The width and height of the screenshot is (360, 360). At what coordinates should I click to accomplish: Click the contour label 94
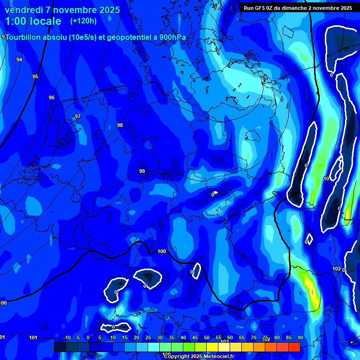coord(19,60)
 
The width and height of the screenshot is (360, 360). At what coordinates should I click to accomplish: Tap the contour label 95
coord(35,76)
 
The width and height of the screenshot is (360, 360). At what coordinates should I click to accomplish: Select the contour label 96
coord(52,97)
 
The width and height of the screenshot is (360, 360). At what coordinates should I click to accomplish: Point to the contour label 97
coord(78,116)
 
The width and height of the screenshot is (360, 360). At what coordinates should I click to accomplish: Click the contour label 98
coord(120,125)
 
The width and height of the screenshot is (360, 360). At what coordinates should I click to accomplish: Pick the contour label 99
coord(142,171)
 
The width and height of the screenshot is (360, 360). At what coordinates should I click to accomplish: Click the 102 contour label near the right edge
coord(337,269)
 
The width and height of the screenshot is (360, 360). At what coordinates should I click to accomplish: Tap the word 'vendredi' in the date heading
coord(23,10)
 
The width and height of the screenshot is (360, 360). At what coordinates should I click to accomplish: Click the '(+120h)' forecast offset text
coord(83,21)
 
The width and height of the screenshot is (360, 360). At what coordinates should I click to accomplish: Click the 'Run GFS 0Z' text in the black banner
coord(260,8)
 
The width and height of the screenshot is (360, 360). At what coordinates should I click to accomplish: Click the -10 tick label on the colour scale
coord(67,337)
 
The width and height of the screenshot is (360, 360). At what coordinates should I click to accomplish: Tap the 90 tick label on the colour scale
coord(300,337)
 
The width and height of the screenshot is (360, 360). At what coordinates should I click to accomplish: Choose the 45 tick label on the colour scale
coord(195,337)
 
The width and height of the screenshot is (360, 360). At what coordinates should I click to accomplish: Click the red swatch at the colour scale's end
coord(294,347)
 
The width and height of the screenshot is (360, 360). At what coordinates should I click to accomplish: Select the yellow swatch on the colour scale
coord(212,347)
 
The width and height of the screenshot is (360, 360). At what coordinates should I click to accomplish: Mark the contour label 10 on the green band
coord(326,179)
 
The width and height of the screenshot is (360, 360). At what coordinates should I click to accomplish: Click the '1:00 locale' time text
coord(33,22)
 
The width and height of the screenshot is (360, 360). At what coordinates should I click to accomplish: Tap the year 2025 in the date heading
coord(108,10)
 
